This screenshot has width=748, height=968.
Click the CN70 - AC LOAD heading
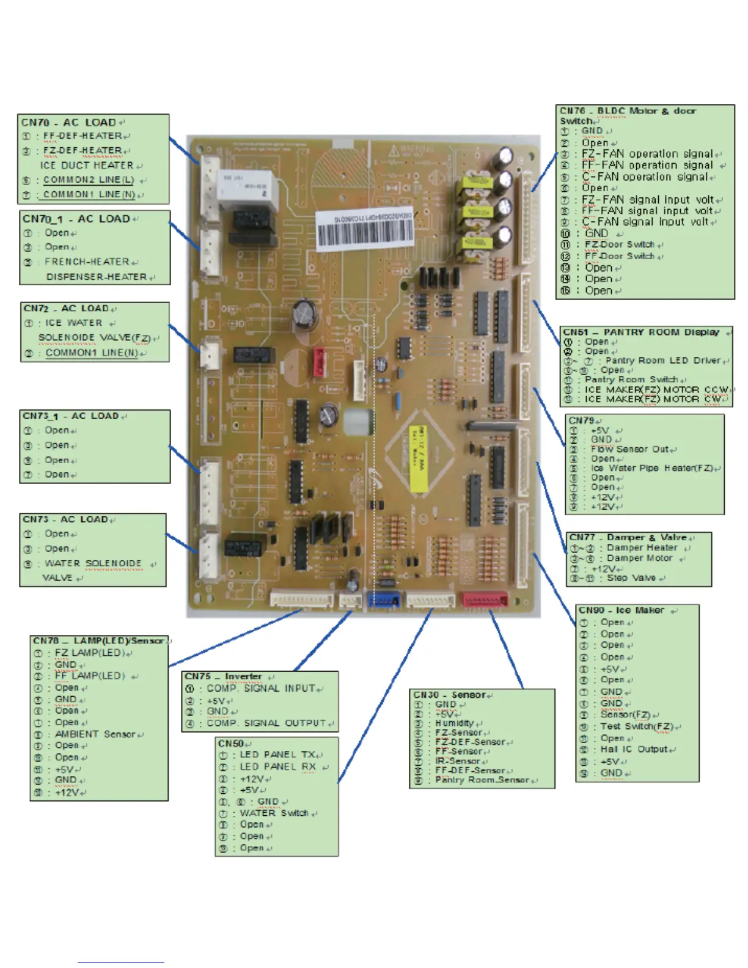coord(70,122)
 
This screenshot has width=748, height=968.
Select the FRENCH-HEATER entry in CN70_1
coord(87,262)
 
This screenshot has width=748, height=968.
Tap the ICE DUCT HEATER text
coord(87,165)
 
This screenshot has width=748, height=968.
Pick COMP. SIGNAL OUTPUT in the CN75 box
coord(266,723)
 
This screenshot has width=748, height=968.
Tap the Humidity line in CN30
coord(455,723)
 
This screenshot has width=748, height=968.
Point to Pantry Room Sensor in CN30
coord(482,780)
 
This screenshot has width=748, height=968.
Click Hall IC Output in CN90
coord(634,749)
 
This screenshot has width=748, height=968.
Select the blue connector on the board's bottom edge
coord(383,600)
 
